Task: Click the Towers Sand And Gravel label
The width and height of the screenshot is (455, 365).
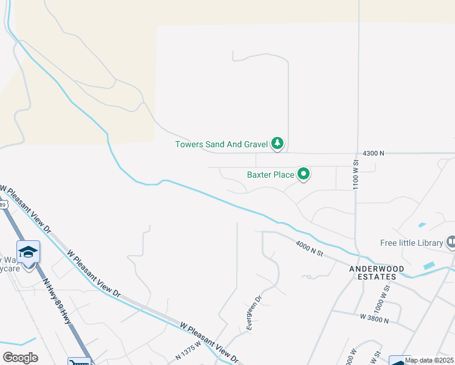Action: (221, 144)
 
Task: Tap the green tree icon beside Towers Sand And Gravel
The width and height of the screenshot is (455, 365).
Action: (278, 144)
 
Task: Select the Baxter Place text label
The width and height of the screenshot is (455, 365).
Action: (270, 175)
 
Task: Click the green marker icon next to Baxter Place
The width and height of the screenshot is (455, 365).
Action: (304, 175)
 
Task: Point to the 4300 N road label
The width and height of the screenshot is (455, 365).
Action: (373, 154)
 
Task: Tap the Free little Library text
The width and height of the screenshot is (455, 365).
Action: (412, 243)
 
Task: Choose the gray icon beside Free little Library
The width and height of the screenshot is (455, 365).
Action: (451, 243)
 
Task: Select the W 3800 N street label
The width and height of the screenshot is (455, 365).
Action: (374, 318)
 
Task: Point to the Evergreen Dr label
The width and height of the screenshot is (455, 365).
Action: (254, 313)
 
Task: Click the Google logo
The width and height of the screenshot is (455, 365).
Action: (20, 358)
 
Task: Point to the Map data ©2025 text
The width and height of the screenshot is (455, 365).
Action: (429, 361)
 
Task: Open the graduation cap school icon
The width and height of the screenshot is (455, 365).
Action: (29, 252)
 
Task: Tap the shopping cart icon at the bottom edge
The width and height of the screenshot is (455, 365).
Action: (79, 362)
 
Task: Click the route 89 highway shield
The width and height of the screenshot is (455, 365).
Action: (3, 205)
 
